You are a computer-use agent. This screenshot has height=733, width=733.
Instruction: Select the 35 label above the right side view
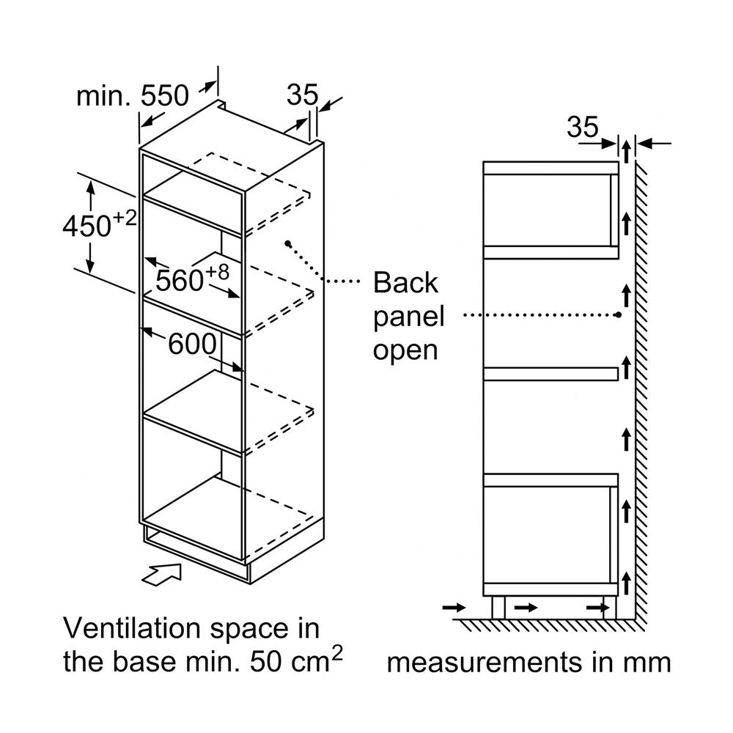pyautogui.click(x=583, y=128)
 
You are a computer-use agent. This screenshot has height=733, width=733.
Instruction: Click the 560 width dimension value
pyautogui.click(x=180, y=279)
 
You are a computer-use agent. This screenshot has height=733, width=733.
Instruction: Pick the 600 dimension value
pyautogui.click(x=193, y=343)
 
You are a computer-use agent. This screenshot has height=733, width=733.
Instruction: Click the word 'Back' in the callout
pyautogui.click(x=405, y=282)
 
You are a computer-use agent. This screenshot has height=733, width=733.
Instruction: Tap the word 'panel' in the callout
pyautogui.click(x=408, y=317)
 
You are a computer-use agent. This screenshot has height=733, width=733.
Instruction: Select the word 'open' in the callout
pyautogui.click(x=405, y=350)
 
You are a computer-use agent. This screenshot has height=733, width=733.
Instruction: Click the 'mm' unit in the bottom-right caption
pyautogui.click(x=648, y=663)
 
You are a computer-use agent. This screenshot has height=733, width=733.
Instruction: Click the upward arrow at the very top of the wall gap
pyautogui.click(x=627, y=152)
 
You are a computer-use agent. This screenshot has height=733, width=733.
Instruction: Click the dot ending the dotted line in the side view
pyautogui.click(x=619, y=315)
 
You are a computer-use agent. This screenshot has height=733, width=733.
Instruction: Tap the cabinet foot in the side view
pyautogui.click(x=498, y=607)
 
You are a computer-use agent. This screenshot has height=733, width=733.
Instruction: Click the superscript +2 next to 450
pyautogui.click(x=125, y=218)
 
